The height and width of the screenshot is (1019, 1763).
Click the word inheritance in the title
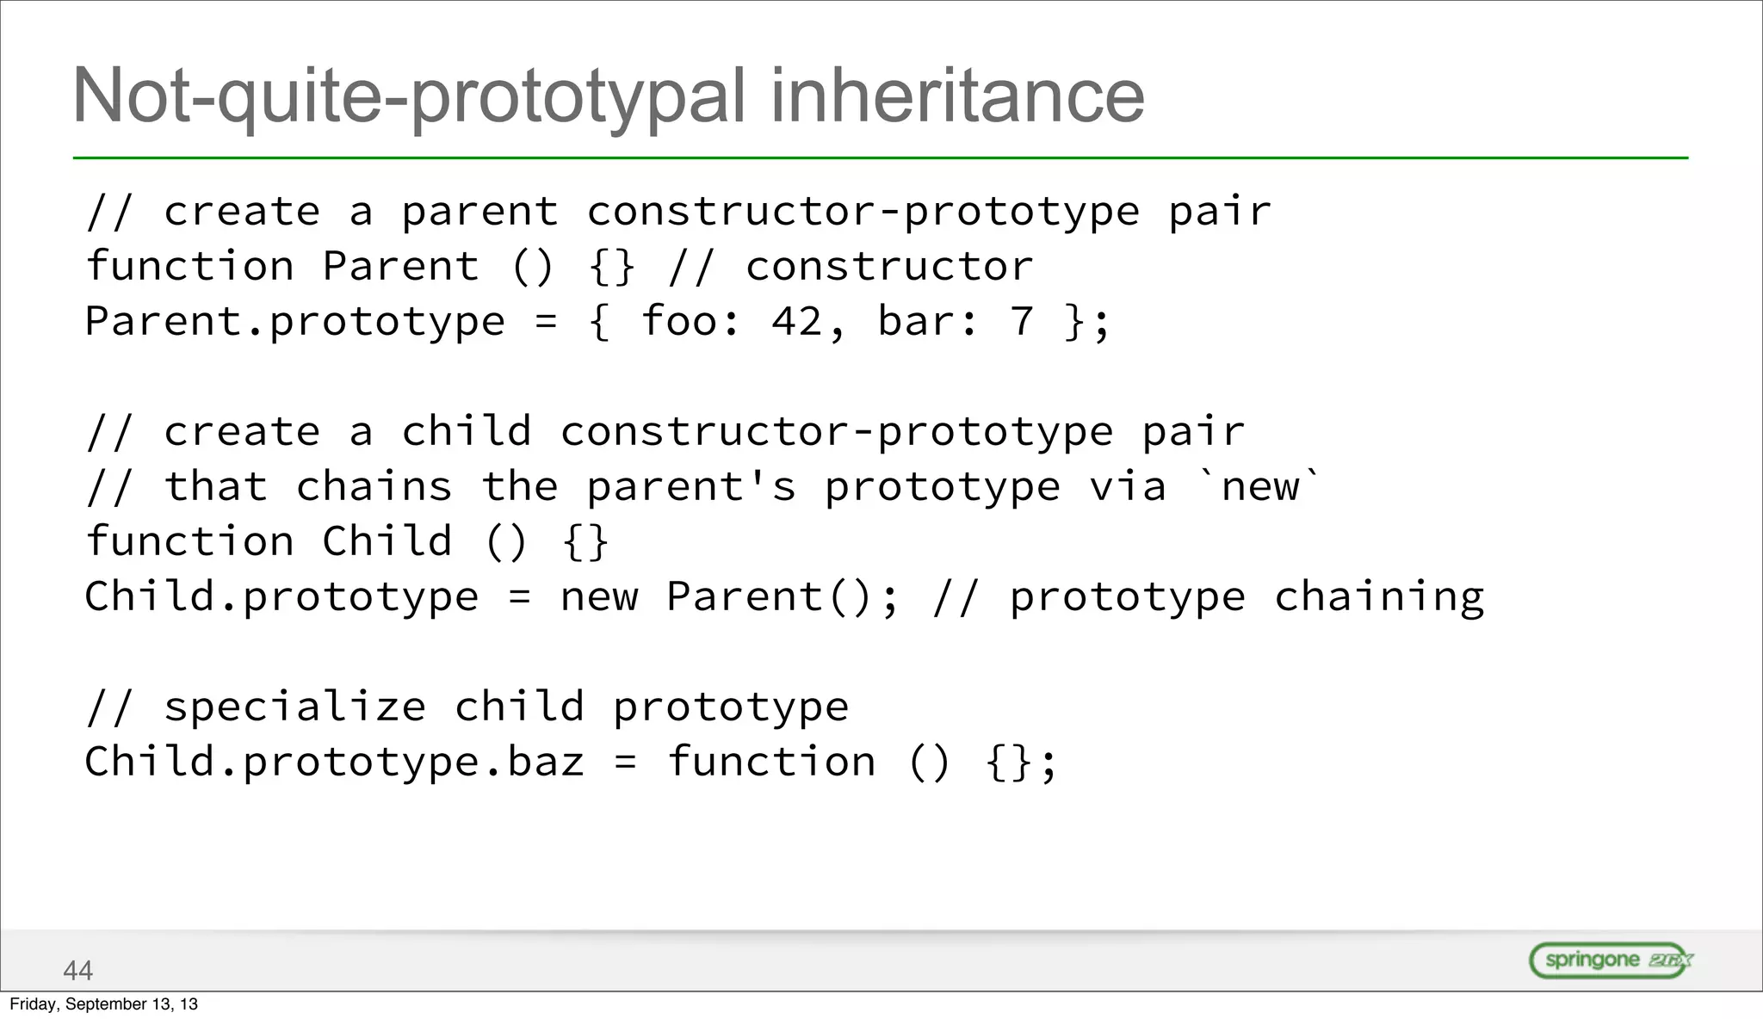[957, 96]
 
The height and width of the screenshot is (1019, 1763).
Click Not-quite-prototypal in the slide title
[409, 96]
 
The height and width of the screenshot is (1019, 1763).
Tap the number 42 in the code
[796, 322]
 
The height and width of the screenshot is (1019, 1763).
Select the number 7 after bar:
[1022, 322]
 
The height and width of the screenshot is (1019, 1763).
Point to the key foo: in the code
[690, 322]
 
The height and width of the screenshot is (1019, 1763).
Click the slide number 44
[77, 970]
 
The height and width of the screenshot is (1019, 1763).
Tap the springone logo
[1611, 960]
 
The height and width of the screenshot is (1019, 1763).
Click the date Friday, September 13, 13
[103, 1004]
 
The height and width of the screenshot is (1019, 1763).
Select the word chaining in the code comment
[1379, 597]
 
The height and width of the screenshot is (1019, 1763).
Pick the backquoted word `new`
[1260, 487]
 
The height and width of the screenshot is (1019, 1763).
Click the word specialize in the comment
[294, 707]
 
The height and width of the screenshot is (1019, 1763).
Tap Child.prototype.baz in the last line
[334, 763]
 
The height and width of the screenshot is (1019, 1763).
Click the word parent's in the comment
[691, 487]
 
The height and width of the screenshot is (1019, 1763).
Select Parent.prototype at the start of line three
[294, 322]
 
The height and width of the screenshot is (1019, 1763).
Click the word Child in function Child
[387, 542]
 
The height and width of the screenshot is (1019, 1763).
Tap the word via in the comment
[1128, 487]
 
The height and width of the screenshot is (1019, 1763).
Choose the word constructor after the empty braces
[889, 267]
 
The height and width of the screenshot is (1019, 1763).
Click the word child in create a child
[467, 432]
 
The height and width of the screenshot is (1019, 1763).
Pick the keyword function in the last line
[771, 763]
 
